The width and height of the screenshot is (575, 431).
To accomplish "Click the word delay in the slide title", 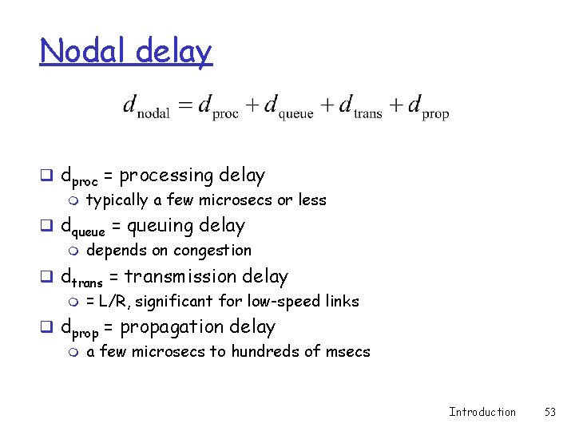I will tap(174, 52).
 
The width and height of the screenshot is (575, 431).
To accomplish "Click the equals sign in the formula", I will tap(184, 105).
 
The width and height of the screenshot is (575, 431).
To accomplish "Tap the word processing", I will tap(165, 176).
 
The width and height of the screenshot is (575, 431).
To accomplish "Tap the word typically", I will tap(117, 200).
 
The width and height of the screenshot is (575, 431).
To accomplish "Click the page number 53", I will tap(549, 412).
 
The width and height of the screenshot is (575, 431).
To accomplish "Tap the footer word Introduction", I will tap(482, 412).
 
